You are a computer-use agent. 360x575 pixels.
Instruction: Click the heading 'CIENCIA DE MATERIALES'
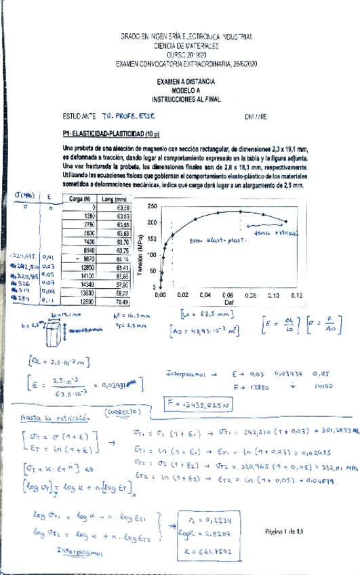tap(186, 45)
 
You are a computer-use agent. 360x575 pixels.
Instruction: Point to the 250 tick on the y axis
tap(152, 205)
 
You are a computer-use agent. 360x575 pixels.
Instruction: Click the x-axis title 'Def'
tap(229, 302)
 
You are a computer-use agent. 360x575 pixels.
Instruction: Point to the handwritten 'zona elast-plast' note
tap(214, 239)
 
